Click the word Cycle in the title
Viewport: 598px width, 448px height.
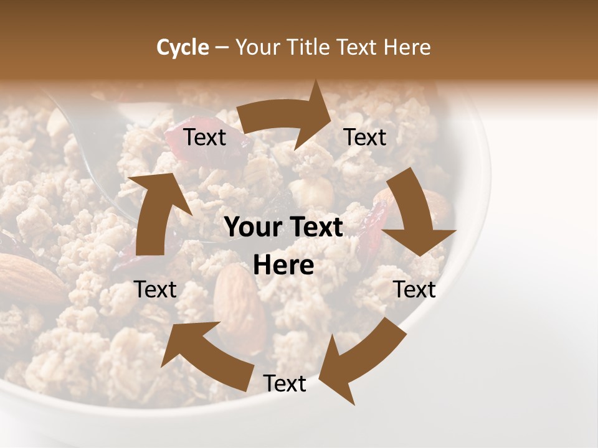(183, 47)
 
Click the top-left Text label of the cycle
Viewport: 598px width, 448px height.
(205, 138)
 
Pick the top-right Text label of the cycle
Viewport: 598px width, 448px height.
(365, 138)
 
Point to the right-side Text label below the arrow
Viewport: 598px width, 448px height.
(414, 289)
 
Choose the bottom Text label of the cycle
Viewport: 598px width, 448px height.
(285, 384)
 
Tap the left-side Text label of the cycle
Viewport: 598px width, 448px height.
(155, 289)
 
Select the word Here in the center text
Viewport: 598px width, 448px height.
(283, 266)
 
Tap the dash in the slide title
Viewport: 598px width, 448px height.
(222, 47)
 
